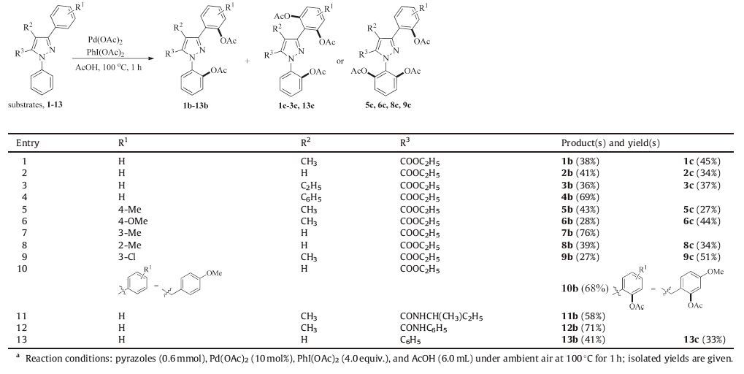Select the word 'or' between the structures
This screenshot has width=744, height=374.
click(340, 61)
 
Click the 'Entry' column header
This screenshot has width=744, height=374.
click(28, 143)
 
